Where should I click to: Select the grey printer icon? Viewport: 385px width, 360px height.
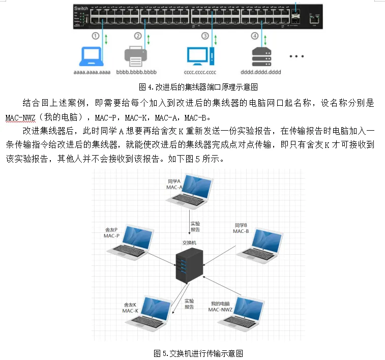136,56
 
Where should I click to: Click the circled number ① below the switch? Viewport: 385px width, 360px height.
95,36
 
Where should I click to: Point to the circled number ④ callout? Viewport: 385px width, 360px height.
254,36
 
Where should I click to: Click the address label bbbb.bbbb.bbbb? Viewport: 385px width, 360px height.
136,73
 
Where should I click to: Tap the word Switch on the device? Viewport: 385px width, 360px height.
81,9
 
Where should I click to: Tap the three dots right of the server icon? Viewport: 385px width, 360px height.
297,56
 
